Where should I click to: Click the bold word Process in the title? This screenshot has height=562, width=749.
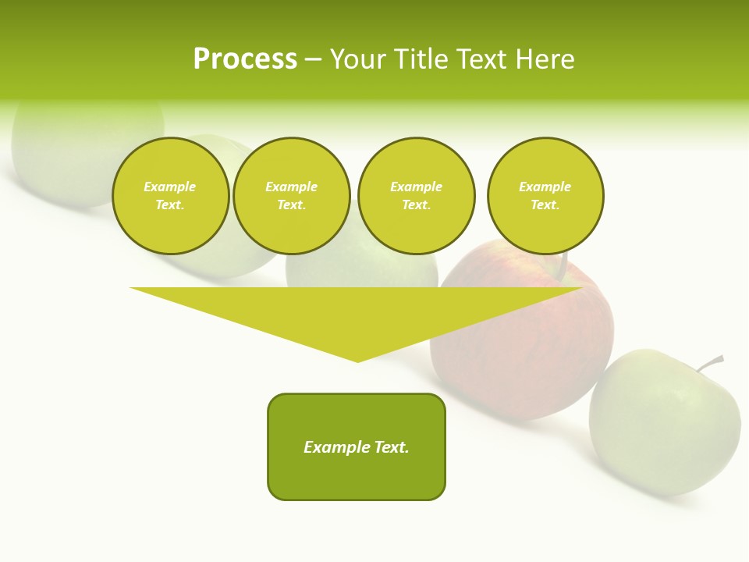click(245, 59)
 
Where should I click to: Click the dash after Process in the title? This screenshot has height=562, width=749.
click(313, 60)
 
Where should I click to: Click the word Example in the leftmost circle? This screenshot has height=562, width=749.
click(170, 187)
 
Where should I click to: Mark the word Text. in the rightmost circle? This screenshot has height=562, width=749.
click(545, 205)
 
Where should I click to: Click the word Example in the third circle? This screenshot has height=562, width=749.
click(416, 187)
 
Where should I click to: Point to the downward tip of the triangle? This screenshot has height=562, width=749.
click(357, 359)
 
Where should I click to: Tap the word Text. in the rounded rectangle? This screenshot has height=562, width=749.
click(392, 447)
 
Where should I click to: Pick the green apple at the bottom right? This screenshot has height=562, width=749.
click(663, 425)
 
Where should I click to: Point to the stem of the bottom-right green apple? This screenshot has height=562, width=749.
click(712, 363)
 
